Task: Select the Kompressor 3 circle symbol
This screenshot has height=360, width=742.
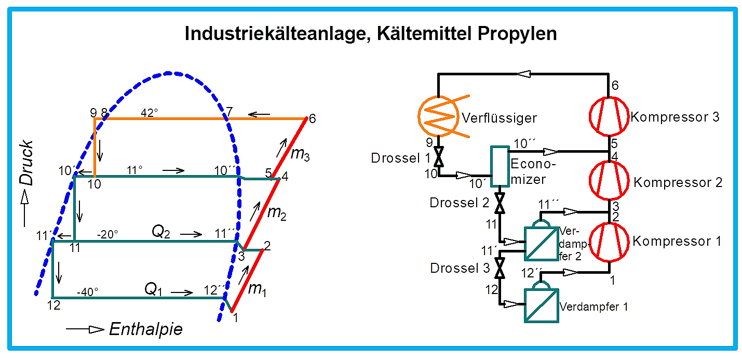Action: (x=609, y=116)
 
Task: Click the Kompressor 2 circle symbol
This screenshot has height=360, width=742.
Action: (x=609, y=181)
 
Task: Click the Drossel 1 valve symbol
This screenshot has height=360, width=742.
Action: (x=439, y=156)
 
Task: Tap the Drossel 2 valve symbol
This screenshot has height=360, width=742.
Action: (x=500, y=203)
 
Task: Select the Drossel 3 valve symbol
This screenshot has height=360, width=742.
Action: (x=500, y=268)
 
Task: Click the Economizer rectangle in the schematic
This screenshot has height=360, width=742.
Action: (x=500, y=166)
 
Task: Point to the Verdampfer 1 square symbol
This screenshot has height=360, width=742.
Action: (x=541, y=305)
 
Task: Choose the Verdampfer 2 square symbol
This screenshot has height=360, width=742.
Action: (x=541, y=244)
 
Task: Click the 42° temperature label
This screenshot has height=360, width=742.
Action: (x=150, y=113)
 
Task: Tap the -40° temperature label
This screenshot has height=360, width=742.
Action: (x=88, y=292)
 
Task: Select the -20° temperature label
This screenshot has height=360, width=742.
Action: (x=107, y=234)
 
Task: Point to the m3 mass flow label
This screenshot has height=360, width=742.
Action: (x=300, y=154)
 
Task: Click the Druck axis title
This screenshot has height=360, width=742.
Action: (x=26, y=163)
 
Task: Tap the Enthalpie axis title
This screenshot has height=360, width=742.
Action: (x=146, y=329)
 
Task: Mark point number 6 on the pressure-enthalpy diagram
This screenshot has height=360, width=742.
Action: (x=312, y=118)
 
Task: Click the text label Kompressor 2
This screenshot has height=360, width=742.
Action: (x=678, y=182)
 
